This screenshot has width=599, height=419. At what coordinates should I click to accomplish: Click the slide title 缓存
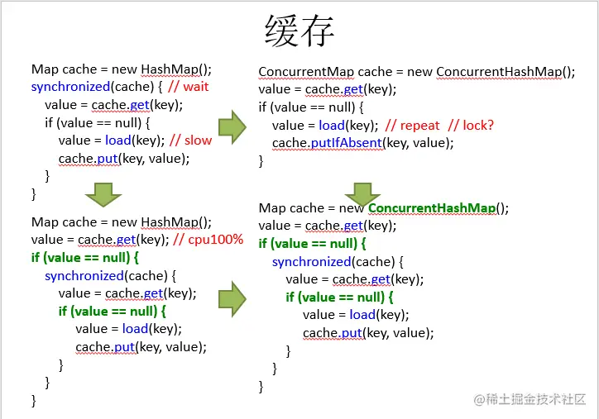(299, 32)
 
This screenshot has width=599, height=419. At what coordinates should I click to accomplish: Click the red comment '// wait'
(186, 87)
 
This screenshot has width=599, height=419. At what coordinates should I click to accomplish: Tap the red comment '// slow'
(190, 140)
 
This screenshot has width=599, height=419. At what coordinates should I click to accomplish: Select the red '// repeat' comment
(413, 125)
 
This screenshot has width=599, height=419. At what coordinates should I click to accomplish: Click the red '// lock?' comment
(471, 125)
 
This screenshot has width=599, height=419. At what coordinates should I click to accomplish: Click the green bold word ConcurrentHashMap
(434, 207)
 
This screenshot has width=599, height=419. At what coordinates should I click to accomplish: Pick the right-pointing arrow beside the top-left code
(232, 126)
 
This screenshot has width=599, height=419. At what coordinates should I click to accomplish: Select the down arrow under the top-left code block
(103, 195)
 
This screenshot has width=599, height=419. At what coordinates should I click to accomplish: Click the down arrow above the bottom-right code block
(362, 194)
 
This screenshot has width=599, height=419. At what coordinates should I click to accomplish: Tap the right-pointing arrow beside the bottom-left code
(232, 298)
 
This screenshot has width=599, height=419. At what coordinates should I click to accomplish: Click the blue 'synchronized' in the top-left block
(70, 87)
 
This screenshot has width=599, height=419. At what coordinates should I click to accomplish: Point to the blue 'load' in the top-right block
(332, 125)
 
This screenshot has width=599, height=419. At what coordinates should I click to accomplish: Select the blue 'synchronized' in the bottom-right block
(312, 261)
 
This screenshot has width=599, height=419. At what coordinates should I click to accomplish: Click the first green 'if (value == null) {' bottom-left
(86, 258)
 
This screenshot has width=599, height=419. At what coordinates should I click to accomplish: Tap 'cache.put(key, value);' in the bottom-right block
(368, 333)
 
